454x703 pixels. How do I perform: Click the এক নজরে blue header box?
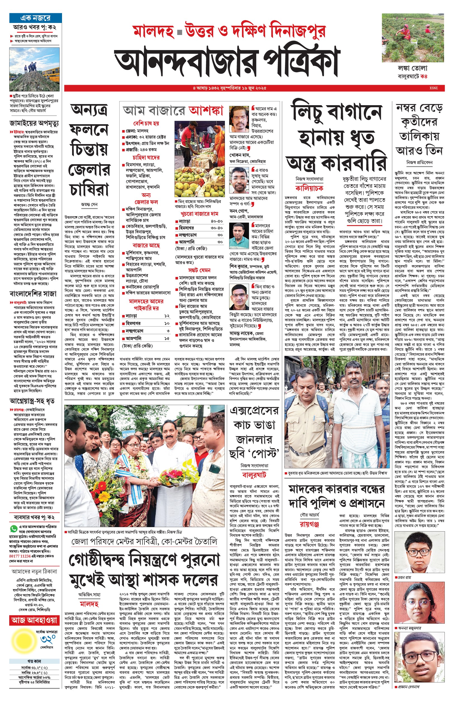(35, 18)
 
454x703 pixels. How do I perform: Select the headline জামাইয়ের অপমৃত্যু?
(34, 123)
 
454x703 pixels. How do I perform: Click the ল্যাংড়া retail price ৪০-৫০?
(217, 221)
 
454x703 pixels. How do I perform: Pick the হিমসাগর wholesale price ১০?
(167, 323)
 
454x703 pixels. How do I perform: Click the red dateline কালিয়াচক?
(309, 188)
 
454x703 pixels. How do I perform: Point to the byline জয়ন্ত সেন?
(89, 204)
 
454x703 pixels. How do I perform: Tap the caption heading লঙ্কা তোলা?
(412, 69)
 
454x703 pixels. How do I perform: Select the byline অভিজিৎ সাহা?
(89, 594)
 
